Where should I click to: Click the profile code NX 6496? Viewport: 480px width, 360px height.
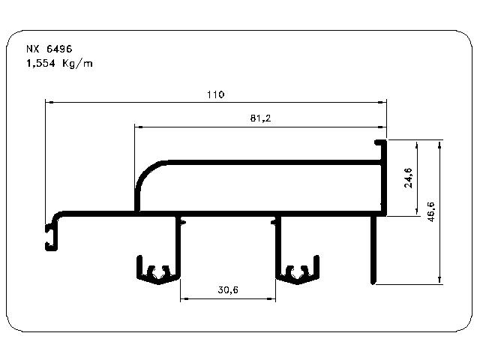click(x=49, y=49)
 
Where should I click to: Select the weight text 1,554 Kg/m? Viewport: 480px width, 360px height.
click(x=59, y=63)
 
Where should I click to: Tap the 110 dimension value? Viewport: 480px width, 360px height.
click(x=216, y=94)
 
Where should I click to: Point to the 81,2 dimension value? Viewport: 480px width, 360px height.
click(x=260, y=118)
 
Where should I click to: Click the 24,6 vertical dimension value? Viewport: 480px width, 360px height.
click(x=408, y=178)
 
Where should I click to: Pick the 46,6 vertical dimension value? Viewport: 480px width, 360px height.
click(x=430, y=211)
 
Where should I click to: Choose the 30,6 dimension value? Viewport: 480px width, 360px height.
click(x=228, y=289)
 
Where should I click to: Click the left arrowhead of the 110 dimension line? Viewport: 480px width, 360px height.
click(x=49, y=102)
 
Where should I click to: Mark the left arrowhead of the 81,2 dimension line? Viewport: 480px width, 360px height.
click(x=139, y=127)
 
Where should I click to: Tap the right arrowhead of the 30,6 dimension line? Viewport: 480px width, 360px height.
click(x=271, y=298)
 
